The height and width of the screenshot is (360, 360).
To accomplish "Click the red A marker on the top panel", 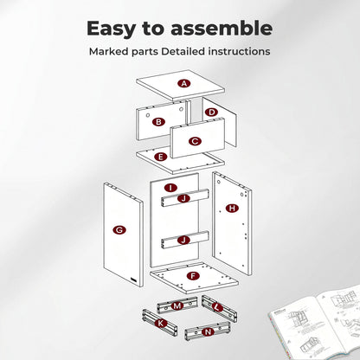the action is (184, 84).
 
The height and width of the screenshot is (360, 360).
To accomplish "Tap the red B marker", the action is (158, 122).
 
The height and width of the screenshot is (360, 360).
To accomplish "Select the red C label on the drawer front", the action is (195, 141).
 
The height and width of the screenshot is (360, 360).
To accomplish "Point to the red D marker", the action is (212, 112).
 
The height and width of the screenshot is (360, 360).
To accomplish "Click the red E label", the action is (161, 157).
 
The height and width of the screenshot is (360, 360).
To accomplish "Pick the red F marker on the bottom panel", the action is (193, 276).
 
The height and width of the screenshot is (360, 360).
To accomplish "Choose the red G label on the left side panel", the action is (119, 230).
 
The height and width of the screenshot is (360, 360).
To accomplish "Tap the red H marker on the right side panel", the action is (232, 208).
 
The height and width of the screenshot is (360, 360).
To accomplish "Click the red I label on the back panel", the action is (170, 188).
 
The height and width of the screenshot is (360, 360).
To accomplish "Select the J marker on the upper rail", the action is (183, 198).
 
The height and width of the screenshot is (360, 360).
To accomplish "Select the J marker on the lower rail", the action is (183, 240).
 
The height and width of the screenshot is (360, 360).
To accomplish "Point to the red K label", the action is (160, 323).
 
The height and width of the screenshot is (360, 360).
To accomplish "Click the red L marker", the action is (217, 307).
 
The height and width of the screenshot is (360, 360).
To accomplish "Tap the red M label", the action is (177, 305).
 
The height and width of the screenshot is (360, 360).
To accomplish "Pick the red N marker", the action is (208, 332).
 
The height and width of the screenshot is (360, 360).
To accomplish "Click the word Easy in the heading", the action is (112, 29).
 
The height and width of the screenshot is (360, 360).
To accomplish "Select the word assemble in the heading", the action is (222, 28).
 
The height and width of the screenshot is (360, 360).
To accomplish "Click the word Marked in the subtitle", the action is (109, 52).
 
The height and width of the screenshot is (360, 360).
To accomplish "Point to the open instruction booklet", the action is (315, 323).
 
